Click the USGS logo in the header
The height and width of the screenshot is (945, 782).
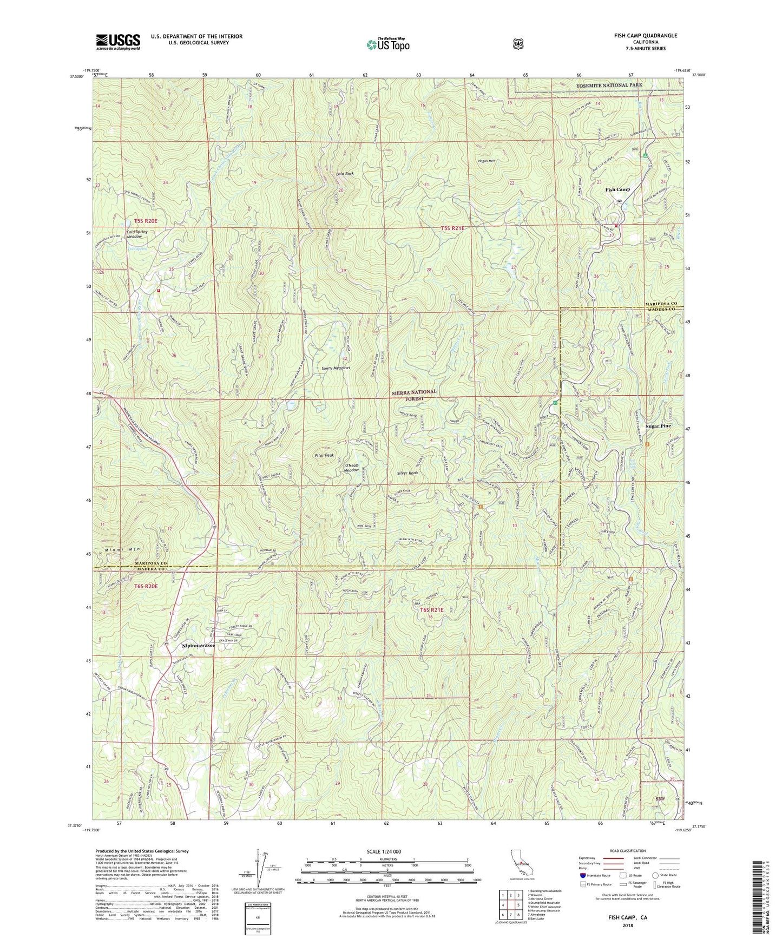(118, 42)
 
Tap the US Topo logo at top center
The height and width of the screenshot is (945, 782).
(387, 44)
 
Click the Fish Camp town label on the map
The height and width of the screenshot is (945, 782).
(617, 189)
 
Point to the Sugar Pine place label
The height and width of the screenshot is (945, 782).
(658, 426)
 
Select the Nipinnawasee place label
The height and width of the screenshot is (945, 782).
(199, 646)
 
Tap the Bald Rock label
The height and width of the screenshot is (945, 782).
(345, 174)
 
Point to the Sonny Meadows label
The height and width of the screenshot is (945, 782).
(336, 367)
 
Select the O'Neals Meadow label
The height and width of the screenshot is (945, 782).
(352, 467)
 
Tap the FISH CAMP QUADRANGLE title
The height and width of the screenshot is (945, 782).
(642, 36)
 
